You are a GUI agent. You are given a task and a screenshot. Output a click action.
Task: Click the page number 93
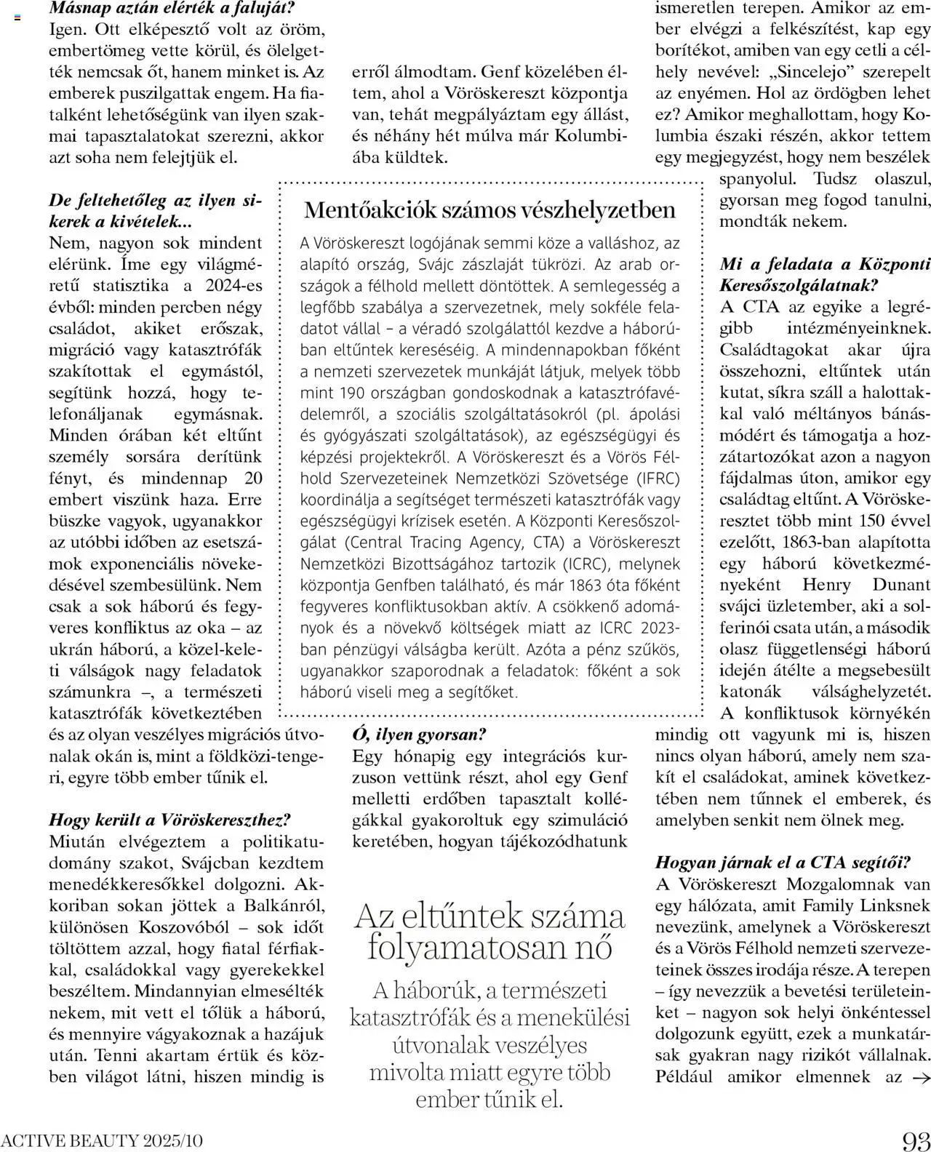click(x=915, y=1140)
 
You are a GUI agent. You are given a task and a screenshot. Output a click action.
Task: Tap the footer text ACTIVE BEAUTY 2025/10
click(x=102, y=1140)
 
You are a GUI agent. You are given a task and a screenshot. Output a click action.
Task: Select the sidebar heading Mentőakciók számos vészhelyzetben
click(x=490, y=210)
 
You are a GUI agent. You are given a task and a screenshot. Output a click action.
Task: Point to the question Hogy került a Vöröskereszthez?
click(x=169, y=820)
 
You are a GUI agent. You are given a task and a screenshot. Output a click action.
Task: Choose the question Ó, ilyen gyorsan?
click(x=419, y=734)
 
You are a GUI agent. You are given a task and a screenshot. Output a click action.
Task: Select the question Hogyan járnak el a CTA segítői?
click(x=783, y=863)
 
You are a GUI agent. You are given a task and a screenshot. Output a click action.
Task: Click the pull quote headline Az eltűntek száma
click(x=490, y=916)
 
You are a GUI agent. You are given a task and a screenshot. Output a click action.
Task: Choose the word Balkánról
click(x=279, y=905)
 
